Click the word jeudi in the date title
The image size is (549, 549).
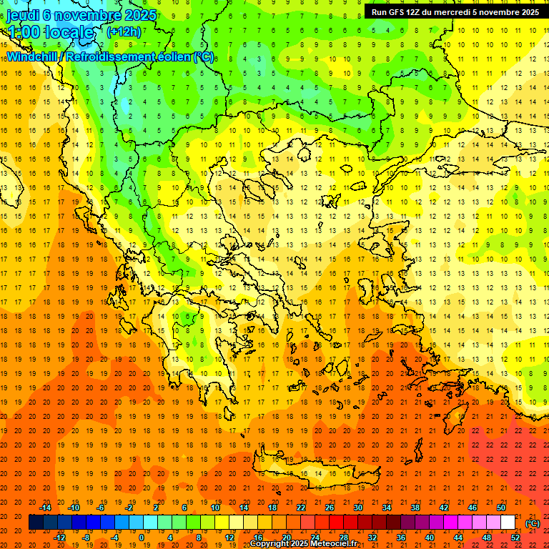(22, 15)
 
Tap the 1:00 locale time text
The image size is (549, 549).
(50, 32)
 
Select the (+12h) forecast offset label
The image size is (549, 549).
(124, 31)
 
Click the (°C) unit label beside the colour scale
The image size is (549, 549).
(533, 523)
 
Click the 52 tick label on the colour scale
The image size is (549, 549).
(515, 538)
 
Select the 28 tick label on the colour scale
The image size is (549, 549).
(344, 538)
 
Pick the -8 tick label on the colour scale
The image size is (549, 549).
(86, 538)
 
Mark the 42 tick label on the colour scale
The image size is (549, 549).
(444, 508)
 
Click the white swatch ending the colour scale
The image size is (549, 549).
(508, 523)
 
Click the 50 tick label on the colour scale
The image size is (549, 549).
(501, 508)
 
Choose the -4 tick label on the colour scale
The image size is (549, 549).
(114, 538)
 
